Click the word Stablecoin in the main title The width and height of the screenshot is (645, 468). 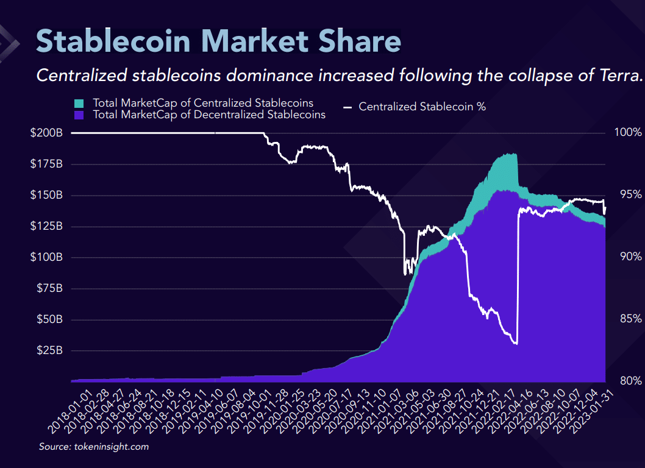tap(123, 41)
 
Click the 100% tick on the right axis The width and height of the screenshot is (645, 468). tap(628, 133)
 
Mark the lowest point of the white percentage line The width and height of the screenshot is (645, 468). tap(516, 344)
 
